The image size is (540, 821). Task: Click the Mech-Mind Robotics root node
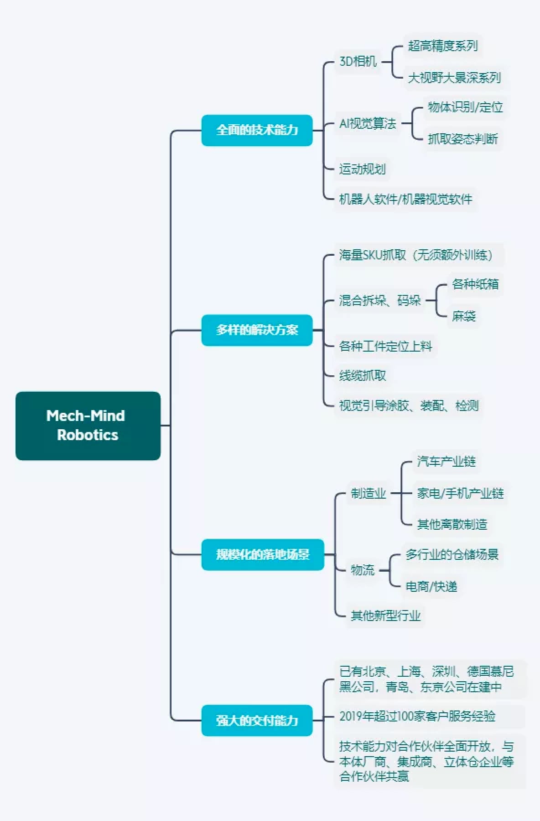[x=88, y=426]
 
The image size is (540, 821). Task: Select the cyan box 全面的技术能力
[x=257, y=130]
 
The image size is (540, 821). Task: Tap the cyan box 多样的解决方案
[x=257, y=330]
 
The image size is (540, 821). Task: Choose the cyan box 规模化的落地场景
[x=262, y=554]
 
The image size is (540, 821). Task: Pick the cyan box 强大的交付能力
[x=257, y=720]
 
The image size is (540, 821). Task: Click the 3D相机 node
[x=358, y=61]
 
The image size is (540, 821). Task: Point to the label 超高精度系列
[x=442, y=46]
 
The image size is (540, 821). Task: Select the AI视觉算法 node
[x=368, y=123]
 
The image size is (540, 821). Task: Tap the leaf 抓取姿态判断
[x=462, y=139]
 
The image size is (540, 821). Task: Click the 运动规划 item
[x=362, y=169]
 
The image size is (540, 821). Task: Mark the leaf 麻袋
[x=464, y=316]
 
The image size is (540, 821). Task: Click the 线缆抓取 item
[x=363, y=375]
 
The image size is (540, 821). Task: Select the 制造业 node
[x=368, y=493]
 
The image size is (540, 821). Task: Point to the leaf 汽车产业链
[x=446, y=461]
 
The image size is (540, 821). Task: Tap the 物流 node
[x=363, y=570]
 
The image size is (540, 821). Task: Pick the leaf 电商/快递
[x=431, y=586]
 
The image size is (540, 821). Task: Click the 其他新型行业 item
[x=385, y=616]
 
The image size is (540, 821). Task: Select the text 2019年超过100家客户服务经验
[x=417, y=716]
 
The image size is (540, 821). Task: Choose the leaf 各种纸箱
[x=475, y=284]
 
